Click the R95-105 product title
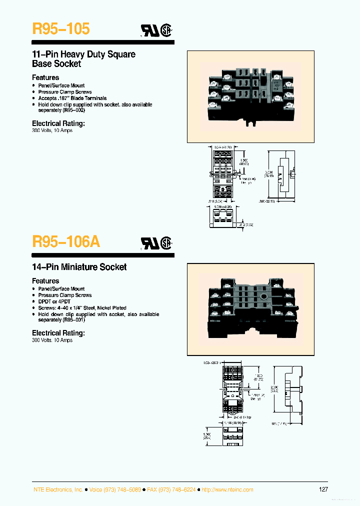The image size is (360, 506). click(x=60, y=29)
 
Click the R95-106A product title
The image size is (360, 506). click(x=66, y=241)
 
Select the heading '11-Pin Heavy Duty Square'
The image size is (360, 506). click(x=83, y=54)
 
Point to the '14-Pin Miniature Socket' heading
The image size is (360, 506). click(x=79, y=267)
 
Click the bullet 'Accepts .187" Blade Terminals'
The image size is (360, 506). click(x=72, y=98)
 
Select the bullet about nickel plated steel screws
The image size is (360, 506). click(x=82, y=308)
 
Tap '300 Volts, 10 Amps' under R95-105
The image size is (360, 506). click(x=52, y=130)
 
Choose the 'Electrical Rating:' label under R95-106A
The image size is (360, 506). click(x=58, y=333)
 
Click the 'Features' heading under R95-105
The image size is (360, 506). click(x=45, y=77)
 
